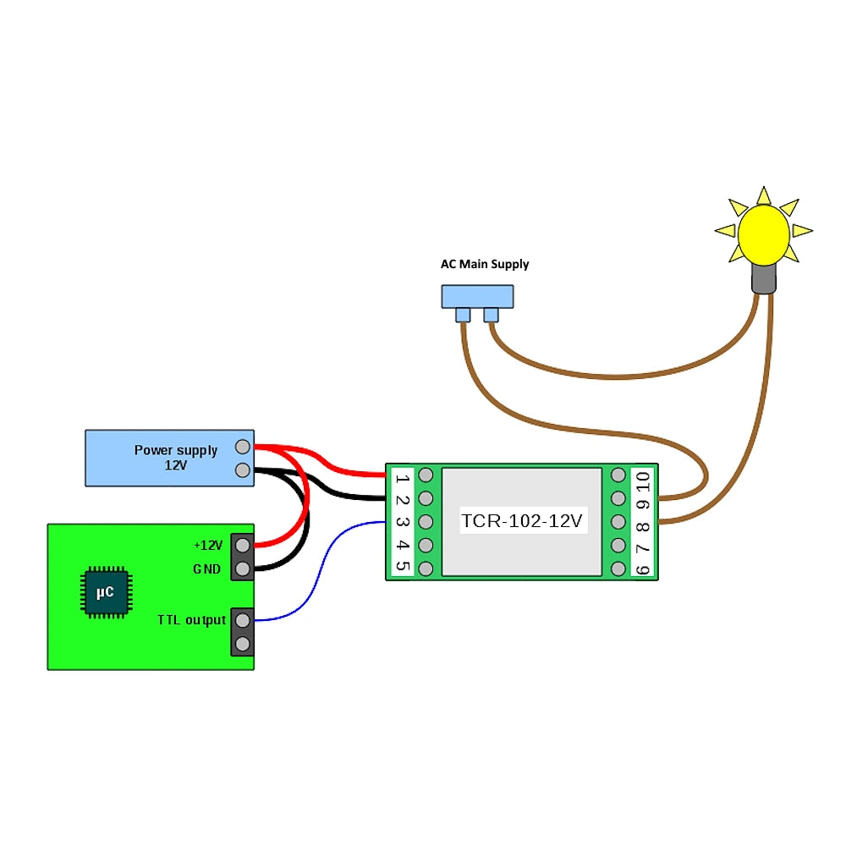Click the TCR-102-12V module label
[x=522, y=521]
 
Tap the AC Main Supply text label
[x=485, y=264]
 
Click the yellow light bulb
[x=763, y=235]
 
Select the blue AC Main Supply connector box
[x=477, y=296]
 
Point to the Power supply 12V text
[x=175, y=457]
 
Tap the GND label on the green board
[x=206, y=569]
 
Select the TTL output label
[x=191, y=620]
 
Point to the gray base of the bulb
[x=764, y=278]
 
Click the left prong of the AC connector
[x=463, y=316]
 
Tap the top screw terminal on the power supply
[x=242, y=447]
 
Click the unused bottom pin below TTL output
[x=243, y=644]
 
